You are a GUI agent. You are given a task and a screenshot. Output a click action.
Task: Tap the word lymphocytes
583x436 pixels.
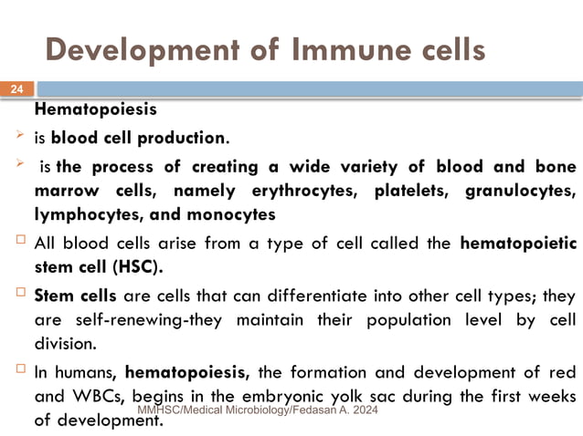click(90, 216)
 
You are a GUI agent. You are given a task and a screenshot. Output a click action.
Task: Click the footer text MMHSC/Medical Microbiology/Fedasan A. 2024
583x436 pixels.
click(257, 412)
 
